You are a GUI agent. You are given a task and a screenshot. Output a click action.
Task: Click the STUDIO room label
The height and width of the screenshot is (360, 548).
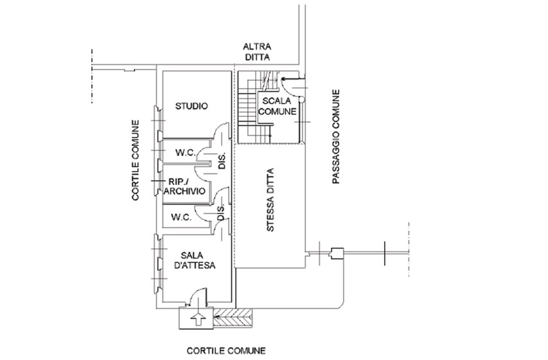click(191, 106)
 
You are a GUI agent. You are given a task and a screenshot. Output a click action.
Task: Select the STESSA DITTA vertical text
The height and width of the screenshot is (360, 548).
click(270, 201)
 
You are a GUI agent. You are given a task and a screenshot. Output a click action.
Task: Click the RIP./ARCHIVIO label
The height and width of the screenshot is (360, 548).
click(184, 186)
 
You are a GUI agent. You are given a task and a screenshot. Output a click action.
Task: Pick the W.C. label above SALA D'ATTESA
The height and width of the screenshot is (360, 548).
click(182, 218)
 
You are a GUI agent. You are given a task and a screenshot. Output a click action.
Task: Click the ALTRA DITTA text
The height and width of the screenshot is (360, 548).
click(256, 52)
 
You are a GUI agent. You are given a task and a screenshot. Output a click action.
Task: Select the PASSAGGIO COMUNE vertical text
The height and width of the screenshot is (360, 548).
click(336, 138)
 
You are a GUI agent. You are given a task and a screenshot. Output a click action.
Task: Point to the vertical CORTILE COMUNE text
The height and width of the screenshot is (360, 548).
click(136, 161)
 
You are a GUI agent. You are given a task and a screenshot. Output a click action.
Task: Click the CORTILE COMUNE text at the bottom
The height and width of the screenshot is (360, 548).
click(217, 351)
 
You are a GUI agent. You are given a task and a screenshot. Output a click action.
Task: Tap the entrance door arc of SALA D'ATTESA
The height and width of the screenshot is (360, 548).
click(194, 297)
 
